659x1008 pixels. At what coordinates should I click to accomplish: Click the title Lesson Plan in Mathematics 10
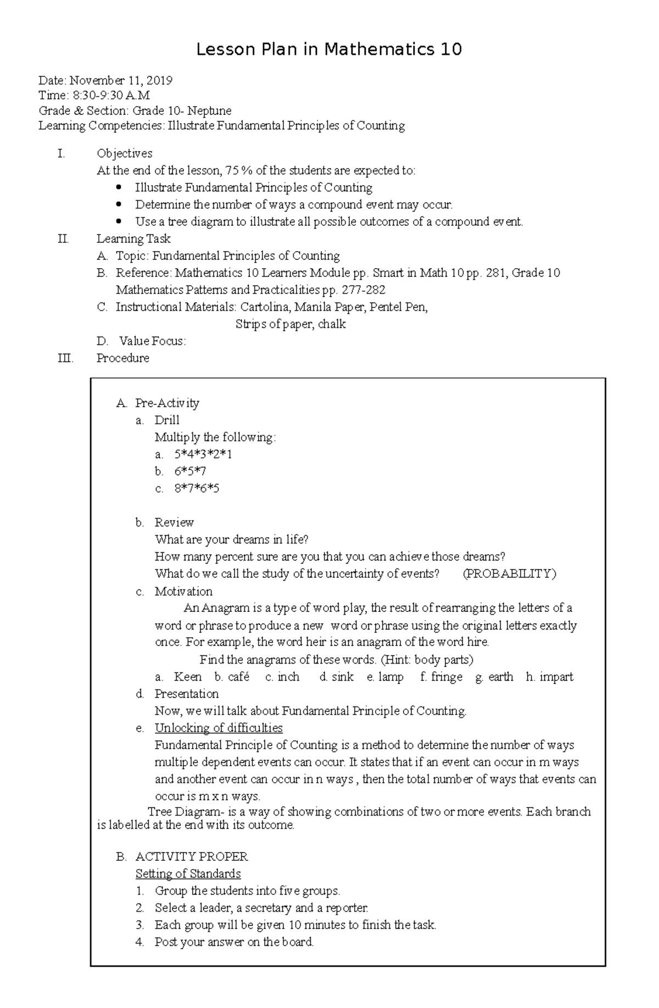point(329,50)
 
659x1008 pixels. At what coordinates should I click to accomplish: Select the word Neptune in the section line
point(209,110)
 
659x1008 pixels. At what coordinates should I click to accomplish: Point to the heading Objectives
point(124,153)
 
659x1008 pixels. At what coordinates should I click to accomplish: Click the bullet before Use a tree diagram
point(119,221)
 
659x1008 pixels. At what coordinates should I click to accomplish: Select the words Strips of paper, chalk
point(291,324)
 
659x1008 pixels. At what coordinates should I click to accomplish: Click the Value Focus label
point(152,341)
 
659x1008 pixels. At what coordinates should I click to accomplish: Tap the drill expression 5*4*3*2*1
point(203,454)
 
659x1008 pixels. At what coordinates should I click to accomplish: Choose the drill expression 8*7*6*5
point(197,488)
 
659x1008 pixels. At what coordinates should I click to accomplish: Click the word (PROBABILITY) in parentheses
point(509,574)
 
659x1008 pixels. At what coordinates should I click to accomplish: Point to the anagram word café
point(238,677)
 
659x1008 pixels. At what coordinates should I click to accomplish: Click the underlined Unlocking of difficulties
point(219,728)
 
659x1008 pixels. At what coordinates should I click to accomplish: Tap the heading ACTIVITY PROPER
point(191,856)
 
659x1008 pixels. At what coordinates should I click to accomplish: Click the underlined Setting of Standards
point(188,873)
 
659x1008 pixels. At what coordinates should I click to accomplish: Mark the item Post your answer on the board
point(234,942)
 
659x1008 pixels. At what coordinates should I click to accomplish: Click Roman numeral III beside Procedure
point(65,358)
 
